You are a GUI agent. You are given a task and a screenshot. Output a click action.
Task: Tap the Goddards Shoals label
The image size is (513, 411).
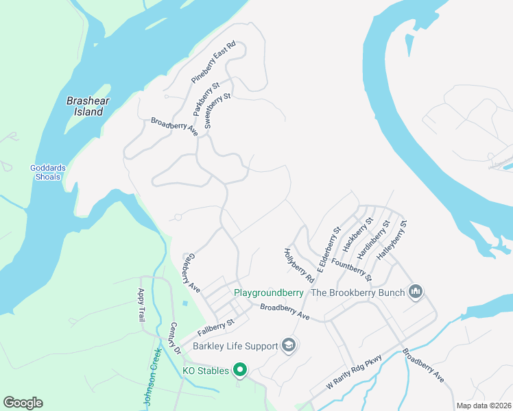pyautogui.click(x=45, y=172)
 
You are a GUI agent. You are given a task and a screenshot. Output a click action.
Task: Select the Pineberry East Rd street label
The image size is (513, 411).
pyautogui.click(x=213, y=62)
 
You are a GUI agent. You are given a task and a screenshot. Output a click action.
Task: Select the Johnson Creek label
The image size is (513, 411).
pyautogui.click(x=153, y=377)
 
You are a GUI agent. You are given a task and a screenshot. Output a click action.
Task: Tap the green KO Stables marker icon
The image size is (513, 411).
pyautogui.click(x=240, y=371)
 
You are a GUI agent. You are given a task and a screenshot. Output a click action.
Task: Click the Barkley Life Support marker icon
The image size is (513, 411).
pyautogui.click(x=289, y=345)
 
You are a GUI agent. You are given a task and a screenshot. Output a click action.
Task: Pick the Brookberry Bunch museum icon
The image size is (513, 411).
pyautogui.click(x=415, y=292)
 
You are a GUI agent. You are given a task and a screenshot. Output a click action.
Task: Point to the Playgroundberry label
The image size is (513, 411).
pyautogui.click(x=269, y=292)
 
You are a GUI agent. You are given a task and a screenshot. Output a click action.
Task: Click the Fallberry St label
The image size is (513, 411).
pyautogui.click(x=216, y=326)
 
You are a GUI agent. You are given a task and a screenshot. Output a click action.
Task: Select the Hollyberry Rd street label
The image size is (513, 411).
pyautogui.click(x=298, y=266)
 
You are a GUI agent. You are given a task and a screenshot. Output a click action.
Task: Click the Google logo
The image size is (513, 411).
pyautogui.click(x=23, y=403)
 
